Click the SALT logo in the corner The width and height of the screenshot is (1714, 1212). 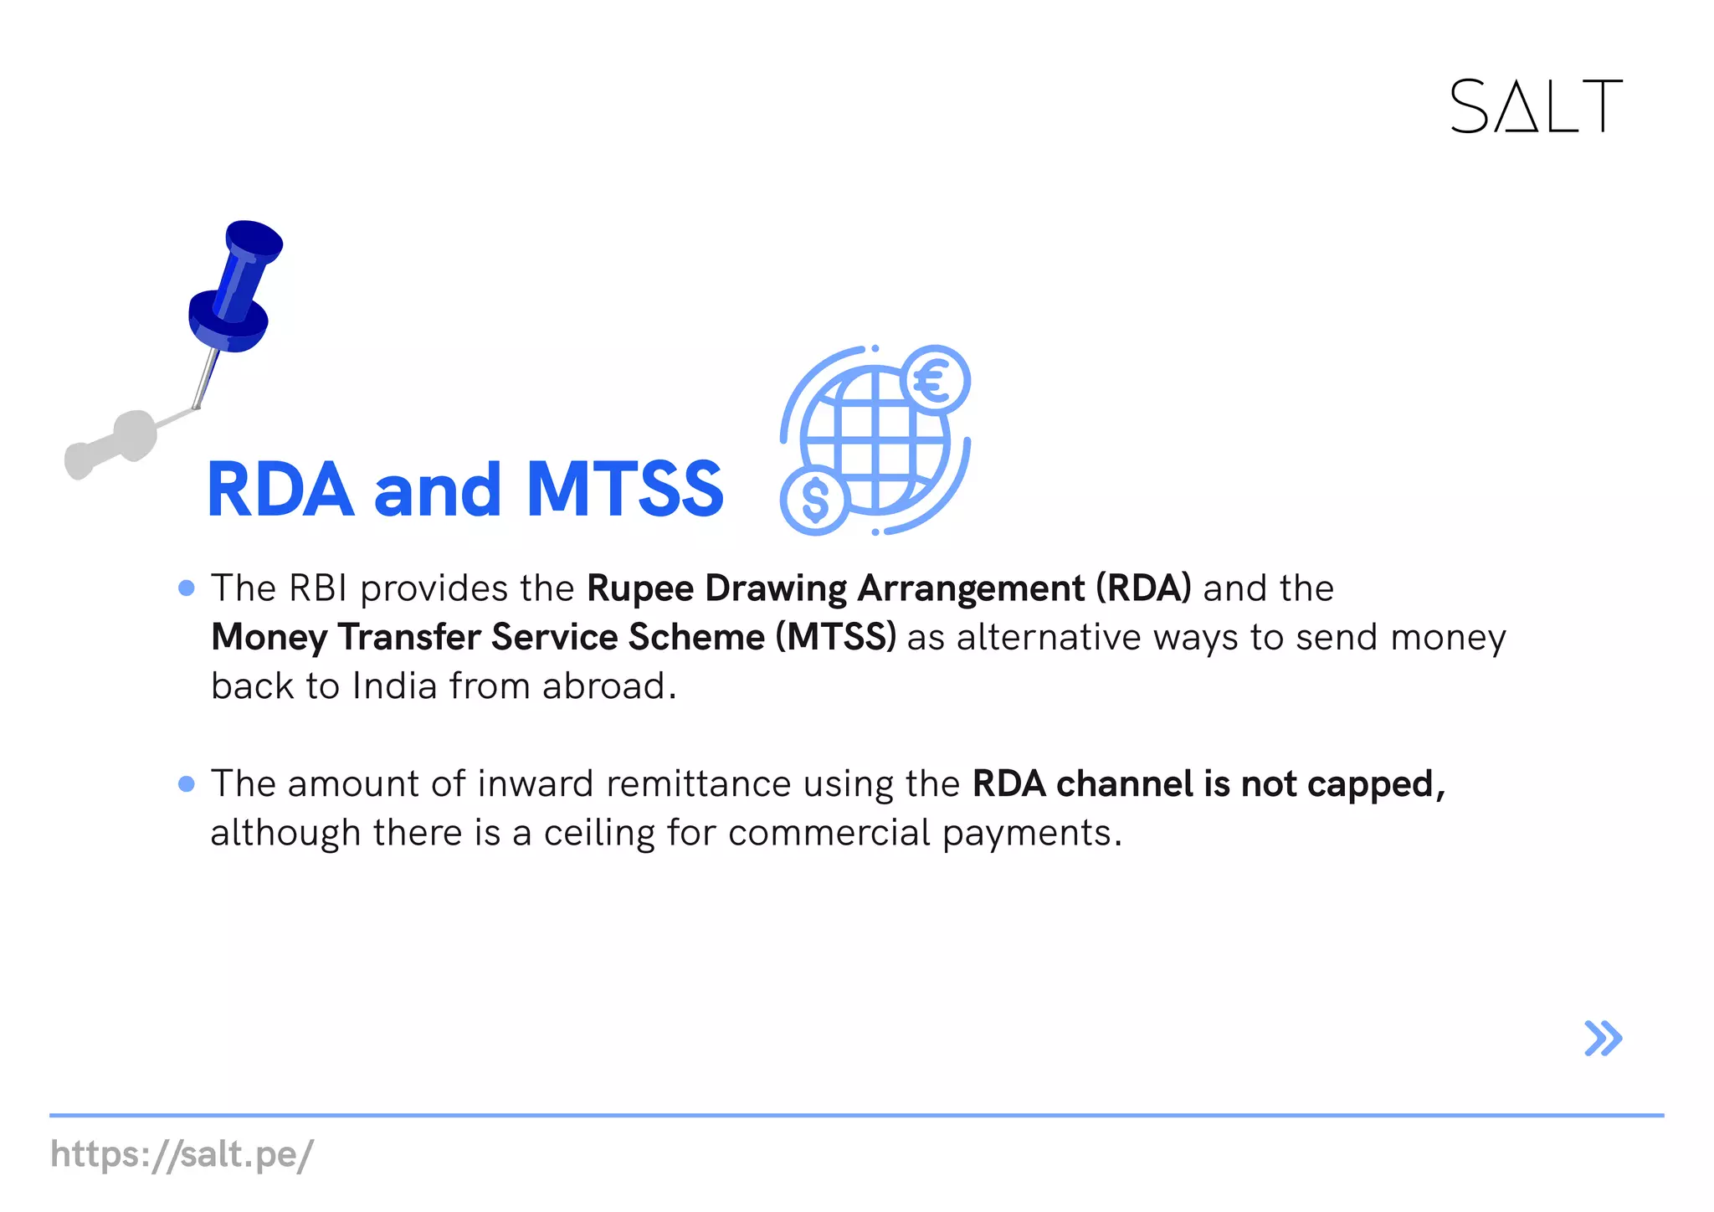[1535, 106]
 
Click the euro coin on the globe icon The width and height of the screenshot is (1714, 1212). [936, 381]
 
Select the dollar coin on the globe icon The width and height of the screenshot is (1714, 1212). [814, 500]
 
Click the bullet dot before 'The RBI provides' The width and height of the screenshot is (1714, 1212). [187, 588]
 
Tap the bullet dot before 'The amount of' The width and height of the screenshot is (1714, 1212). [187, 784]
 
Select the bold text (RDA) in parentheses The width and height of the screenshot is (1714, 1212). [1143, 588]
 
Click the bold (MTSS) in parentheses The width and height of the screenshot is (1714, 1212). [835, 637]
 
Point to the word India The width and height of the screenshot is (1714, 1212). [395, 686]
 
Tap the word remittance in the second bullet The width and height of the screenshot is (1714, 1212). [698, 784]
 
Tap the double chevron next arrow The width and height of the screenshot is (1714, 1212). [1603, 1039]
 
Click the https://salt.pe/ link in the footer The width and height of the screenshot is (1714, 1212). [182, 1155]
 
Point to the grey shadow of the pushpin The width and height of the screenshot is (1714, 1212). [113, 444]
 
